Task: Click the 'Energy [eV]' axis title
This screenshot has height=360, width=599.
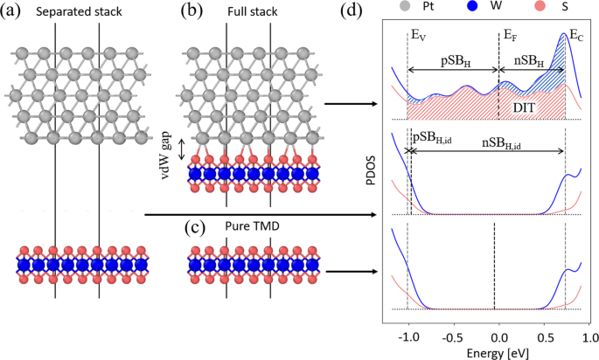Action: click(497, 352)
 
